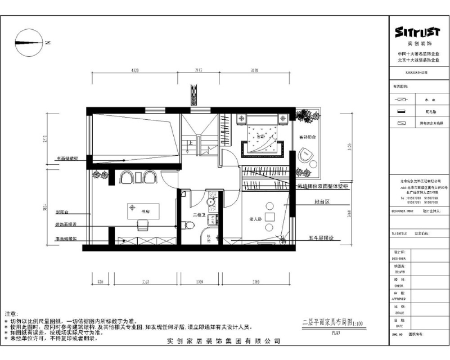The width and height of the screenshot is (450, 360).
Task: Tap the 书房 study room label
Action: (145, 211)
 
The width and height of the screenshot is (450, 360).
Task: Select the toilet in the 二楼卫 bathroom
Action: (191, 226)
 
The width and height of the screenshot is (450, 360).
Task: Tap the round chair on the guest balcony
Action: (307, 154)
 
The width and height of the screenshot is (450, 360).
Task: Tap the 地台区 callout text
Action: (322, 201)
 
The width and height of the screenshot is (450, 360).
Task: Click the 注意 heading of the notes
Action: (11, 313)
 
